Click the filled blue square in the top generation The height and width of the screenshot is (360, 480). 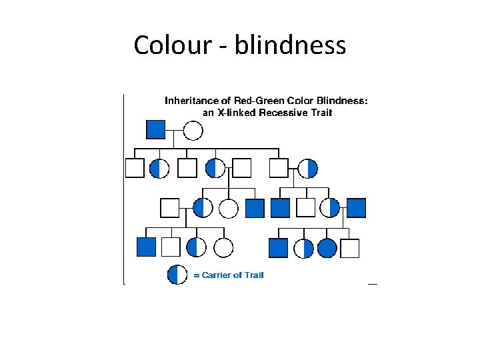155,129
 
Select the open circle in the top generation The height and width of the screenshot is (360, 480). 193,130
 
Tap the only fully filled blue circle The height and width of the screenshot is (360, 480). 327,248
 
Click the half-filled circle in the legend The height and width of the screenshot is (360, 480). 177,275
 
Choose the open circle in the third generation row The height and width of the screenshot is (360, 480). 229,209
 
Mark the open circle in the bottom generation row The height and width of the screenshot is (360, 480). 223,247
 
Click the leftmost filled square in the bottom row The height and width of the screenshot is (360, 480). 146,247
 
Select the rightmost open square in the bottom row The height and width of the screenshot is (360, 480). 349,248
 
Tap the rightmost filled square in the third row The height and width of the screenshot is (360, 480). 357,208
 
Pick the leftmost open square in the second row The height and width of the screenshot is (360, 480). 135,168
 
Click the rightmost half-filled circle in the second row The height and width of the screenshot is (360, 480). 308,168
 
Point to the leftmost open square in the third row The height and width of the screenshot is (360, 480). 170,208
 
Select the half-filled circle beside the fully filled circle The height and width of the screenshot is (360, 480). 304,248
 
